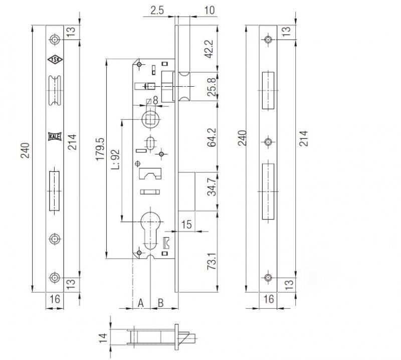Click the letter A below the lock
(x=141, y=302)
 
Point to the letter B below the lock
(x=161, y=302)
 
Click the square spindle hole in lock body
(x=149, y=119)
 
